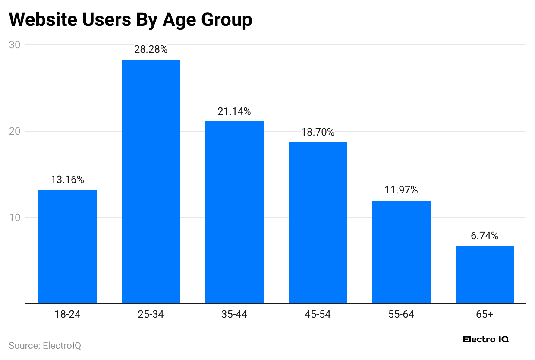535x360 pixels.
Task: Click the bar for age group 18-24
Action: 67,247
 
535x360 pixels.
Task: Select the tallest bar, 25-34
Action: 151,181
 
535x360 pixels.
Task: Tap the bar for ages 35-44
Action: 234,212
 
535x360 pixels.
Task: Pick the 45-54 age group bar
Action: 318,223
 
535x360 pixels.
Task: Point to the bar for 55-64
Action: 401,252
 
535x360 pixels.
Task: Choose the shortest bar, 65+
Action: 485,275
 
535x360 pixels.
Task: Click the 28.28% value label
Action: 151,50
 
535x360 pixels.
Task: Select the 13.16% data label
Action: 67,180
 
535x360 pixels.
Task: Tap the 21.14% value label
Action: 234,111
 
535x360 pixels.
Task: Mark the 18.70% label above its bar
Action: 318,133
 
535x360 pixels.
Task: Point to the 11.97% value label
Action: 401,190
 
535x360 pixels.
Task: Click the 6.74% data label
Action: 485,236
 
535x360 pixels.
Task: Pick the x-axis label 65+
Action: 485,315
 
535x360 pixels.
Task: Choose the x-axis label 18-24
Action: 67,315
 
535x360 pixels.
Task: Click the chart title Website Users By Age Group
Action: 130,20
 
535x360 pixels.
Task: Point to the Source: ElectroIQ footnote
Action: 45,346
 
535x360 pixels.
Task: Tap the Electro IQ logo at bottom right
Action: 485,340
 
